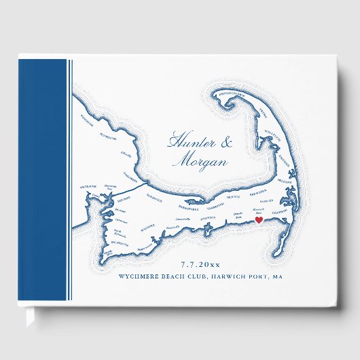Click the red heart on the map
[x=258, y=220]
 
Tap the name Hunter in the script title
[x=189, y=143]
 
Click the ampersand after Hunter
[x=227, y=143]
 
